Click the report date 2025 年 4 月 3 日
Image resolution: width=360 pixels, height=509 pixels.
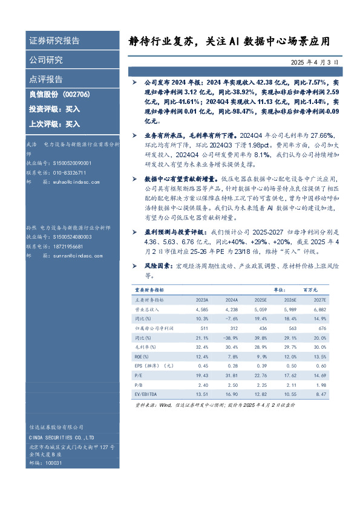tap(313, 62)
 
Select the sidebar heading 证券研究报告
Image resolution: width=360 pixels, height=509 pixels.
tap(54, 41)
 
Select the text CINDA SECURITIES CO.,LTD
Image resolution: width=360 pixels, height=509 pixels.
tap(62, 437)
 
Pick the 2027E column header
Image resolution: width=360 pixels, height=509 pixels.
tap(318, 300)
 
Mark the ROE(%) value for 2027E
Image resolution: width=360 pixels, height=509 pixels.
tap(318, 357)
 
